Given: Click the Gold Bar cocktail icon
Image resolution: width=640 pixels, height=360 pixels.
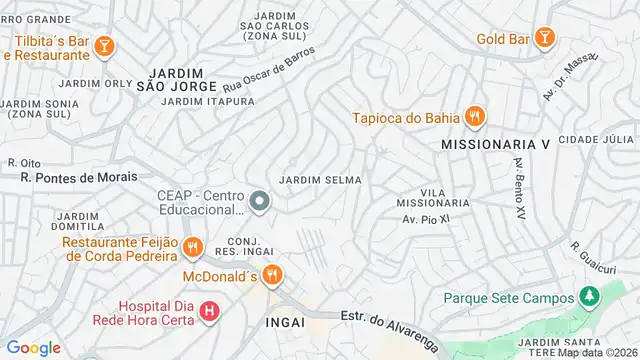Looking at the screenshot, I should tap(543, 39).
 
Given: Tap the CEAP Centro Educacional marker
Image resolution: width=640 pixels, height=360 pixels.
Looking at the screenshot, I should tap(260, 203).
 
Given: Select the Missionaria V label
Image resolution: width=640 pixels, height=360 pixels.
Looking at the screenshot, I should tap(496, 145).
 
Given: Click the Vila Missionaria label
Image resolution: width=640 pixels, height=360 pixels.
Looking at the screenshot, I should tap(433, 197).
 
